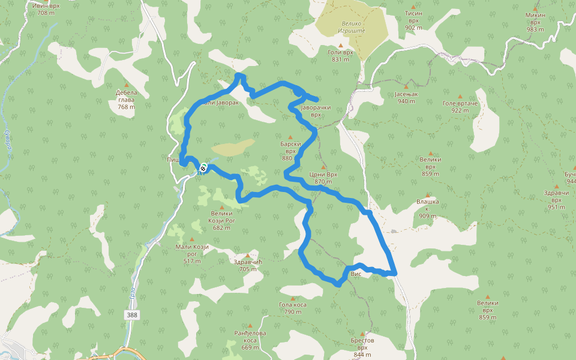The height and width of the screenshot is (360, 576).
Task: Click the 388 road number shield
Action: click(x=133, y=315)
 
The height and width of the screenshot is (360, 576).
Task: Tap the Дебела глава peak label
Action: click(x=127, y=100)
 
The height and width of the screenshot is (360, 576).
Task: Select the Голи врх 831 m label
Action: click(x=340, y=56)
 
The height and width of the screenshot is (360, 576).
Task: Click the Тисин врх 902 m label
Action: click(x=413, y=20)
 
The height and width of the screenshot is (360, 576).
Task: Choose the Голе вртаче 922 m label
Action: click(x=460, y=107)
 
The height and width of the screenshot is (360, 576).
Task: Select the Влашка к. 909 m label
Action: click(x=428, y=208)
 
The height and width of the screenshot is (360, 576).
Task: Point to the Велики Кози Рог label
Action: click(x=221, y=220)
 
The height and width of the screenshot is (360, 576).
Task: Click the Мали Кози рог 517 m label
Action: click(x=192, y=254)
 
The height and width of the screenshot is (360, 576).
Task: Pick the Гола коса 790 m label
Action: click(x=293, y=308)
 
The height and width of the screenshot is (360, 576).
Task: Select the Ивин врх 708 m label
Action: click(x=46, y=8)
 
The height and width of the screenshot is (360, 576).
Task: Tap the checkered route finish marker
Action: click(x=204, y=168)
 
